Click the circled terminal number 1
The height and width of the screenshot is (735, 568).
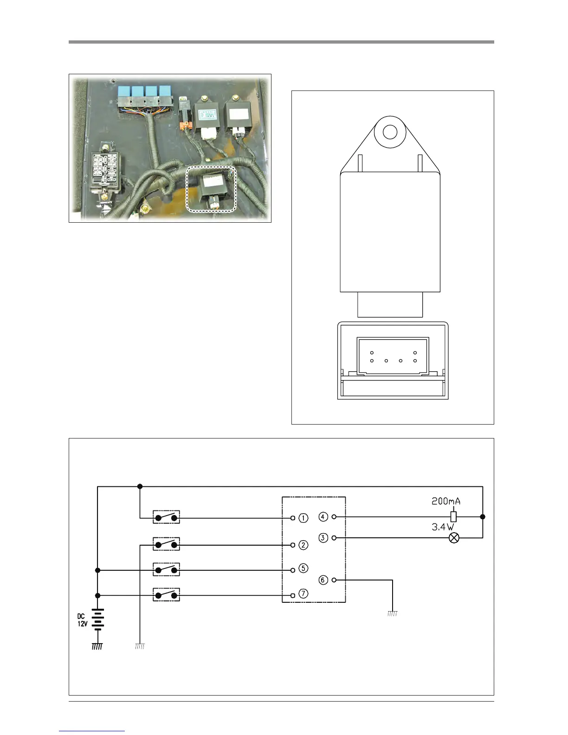(x=303, y=518)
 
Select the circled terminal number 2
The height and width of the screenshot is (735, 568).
(x=303, y=545)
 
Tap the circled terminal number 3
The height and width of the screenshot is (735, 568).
(x=323, y=538)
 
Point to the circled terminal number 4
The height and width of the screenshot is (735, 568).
(x=323, y=516)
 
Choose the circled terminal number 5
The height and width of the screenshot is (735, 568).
(x=303, y=568)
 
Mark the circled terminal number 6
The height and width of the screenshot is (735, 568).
(x=323, y=580)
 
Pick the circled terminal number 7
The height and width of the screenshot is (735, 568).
(x=303, y=594)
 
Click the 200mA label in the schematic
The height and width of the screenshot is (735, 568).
(x=446, y=501)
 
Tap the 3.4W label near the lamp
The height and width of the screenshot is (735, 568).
(x=443, y=527)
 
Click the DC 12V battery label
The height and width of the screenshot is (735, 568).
(x=82, y=620)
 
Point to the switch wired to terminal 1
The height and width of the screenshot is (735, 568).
(x=166, y=517)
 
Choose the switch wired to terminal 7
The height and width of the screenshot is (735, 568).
(x=166, y=595)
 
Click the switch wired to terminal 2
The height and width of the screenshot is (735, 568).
(x=166, y=544)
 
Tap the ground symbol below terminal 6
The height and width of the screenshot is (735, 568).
(x=392, y=613)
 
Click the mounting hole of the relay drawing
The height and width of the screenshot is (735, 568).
(x=389, y=132)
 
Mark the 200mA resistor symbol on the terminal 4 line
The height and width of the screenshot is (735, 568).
(x=453, y=516)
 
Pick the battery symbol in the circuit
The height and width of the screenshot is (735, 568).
(x=97, y=619)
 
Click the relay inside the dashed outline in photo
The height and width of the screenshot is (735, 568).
(x=213, y=190)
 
